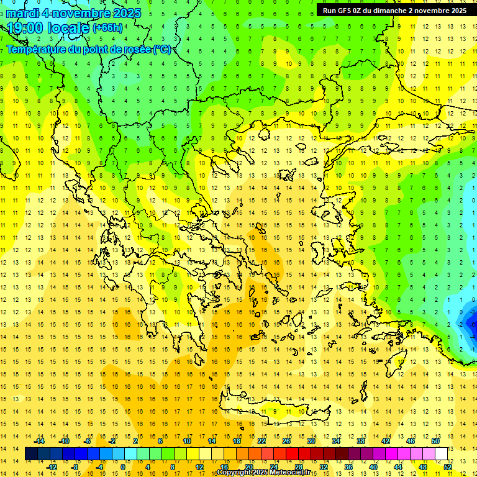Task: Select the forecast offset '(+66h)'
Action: click(x=107, y=28)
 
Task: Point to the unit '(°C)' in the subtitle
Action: click(x=161, y=50)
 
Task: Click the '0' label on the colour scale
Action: click(x=122, y=467)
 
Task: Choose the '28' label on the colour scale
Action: click(x=298, y=467)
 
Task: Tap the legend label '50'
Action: click(x=435, y=441)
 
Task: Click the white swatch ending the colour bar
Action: click(x=441, y=454)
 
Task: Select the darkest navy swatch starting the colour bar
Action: click(x=32, y=454)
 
